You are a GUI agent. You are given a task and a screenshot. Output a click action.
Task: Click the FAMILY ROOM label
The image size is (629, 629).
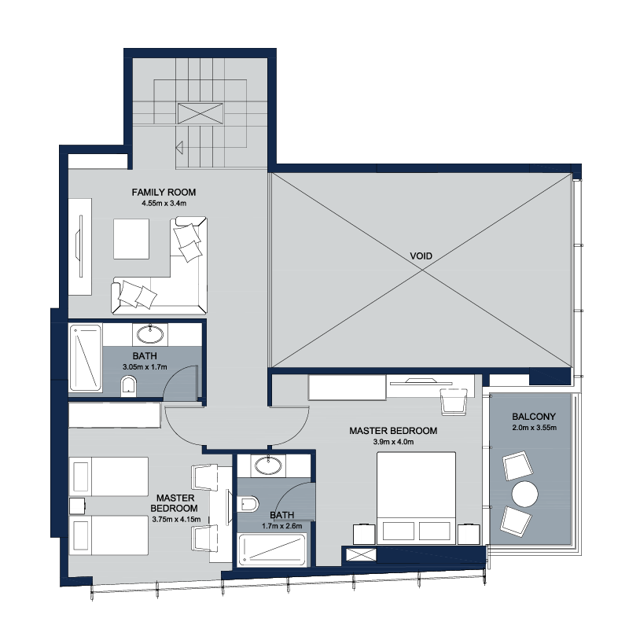(x=164, y=193)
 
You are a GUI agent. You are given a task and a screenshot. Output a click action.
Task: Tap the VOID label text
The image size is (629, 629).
(x=421, y=256)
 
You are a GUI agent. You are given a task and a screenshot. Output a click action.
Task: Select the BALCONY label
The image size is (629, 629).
(x=534, y=417)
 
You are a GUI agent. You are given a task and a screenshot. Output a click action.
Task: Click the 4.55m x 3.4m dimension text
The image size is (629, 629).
(x=164, y=204)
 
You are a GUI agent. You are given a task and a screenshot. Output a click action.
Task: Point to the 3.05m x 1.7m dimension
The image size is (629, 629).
(x=145, y=366)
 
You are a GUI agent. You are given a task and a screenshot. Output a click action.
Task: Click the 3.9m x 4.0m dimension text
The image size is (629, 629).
(x=393, y=442)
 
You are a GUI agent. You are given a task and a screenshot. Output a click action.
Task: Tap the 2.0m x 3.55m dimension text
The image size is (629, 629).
(x=534, y=428)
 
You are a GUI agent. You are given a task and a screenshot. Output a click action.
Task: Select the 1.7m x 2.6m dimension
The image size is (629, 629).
(x=282, y=526)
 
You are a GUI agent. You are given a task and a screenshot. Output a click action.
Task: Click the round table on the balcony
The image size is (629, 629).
(x=524, y=495)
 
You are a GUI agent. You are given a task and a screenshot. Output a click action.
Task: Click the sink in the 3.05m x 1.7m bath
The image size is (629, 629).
(x=150, y=334)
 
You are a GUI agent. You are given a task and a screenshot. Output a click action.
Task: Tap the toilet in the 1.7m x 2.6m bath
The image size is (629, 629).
(x=248, y=504)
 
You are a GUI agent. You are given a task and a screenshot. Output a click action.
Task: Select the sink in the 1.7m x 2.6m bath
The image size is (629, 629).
(x=268, y=465)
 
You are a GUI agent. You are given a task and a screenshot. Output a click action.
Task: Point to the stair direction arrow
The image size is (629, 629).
(x=179, y=148)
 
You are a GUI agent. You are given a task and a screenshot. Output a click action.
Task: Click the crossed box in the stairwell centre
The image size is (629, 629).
(x=200, y=113)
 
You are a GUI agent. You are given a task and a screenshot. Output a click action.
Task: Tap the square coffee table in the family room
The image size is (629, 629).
(x=131, y=239)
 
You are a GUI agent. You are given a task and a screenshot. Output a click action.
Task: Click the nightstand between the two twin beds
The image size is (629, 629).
(x=77, y=506)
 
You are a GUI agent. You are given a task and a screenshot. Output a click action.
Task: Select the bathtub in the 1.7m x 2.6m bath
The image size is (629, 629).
(x=272, y=550)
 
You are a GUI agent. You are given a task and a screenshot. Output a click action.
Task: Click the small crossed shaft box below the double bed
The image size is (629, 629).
(x=361, y=555)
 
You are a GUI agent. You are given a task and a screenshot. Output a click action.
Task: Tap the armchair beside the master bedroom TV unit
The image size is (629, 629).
(x=454, y=402)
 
